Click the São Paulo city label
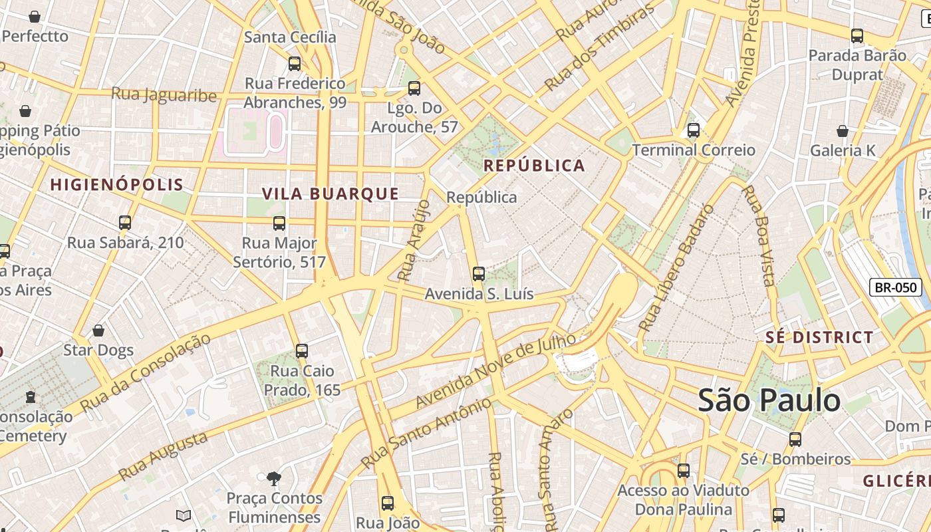pos(769,401)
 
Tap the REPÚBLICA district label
pos(534,166)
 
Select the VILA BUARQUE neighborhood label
pos(331,194)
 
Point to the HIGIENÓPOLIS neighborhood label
pos(116,185)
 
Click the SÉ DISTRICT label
pos(819,337)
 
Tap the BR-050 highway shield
pos(895,288)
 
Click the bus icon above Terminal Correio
pos(694,130)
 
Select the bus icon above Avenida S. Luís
pos(478,273)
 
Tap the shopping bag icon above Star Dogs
pos(98,331)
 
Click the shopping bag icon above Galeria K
pos(843,131)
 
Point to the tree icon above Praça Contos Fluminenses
pos(273,478)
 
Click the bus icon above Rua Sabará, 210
pos(125,223)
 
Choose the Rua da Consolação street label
pos(145,372)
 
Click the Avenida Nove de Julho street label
pos(495,371)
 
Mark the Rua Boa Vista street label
pos(759,236)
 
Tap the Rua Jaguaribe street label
pos(164,94)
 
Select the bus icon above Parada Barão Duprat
pos(857,36)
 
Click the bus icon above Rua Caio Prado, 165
pos(302,350)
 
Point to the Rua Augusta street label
pos(163,456)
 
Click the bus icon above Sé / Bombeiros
pos(795,440)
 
